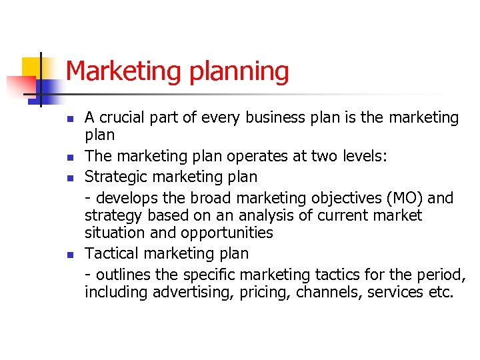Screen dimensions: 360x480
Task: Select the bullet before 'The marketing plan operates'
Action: (x=69, y=157)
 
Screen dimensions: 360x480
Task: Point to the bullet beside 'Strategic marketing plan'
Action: (x=69, y=178)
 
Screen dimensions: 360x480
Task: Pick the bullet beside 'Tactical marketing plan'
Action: (x=69, y=255)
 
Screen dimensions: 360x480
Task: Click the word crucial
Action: (x=123, y=118)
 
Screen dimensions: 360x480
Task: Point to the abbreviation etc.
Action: (x=438, y=291)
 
